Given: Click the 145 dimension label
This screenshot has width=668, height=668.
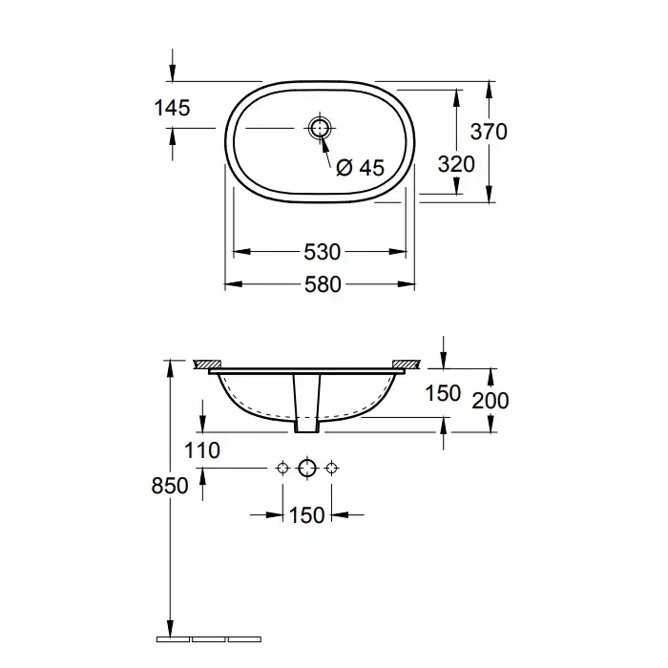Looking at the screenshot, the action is [172, 108].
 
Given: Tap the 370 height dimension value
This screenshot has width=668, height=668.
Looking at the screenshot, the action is [489, 132].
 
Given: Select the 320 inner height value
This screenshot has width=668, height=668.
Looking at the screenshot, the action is [456, 164].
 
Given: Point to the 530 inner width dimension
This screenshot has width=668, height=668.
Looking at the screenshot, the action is [323, 252].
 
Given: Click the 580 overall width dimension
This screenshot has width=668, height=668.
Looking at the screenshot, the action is [323, 284].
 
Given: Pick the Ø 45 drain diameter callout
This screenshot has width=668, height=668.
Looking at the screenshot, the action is [360, 167].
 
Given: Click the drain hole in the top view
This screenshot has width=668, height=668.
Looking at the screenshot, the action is [319, 128].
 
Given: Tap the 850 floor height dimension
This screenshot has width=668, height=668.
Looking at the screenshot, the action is [170, 485].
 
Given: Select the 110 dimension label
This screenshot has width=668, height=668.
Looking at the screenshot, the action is [202, 450].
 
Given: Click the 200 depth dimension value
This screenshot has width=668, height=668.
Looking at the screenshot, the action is [491, 401].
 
